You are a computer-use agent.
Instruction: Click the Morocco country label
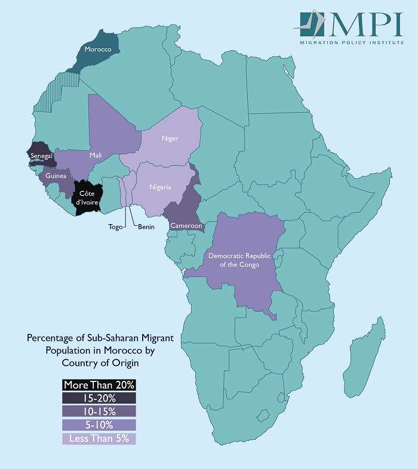pyautogui.click(x=98, y=49)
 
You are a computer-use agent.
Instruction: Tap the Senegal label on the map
pyautogui.click(x=41, y=156)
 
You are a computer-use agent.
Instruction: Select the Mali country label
pyautogui.click(x=96, y=156)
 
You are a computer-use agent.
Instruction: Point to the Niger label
pyautogui.click(x=170, y=139)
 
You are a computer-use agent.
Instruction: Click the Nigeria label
pyautogui.click(x=160, y=187)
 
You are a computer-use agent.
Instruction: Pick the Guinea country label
pyautogui.click(x=56, y=176)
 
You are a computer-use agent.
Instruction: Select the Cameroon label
pyautogui.click(x=186, y=226)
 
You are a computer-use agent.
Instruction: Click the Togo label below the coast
pyautogui.click(x=115, y=227)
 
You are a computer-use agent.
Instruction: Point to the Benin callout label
pyautogui.click(x=147, y=227)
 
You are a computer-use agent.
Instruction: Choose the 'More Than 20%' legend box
pyautogui.click(x=99, y=384)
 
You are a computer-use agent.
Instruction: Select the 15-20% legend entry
pyautogui.click(x=99, y=398)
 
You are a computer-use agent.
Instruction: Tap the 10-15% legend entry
pyautogui.click(x=99, y=412)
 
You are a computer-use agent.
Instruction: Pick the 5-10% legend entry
pyautogui.click(x=99, y=425)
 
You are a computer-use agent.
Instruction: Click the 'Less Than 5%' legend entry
pyautogui.click(x=99, y=439)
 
